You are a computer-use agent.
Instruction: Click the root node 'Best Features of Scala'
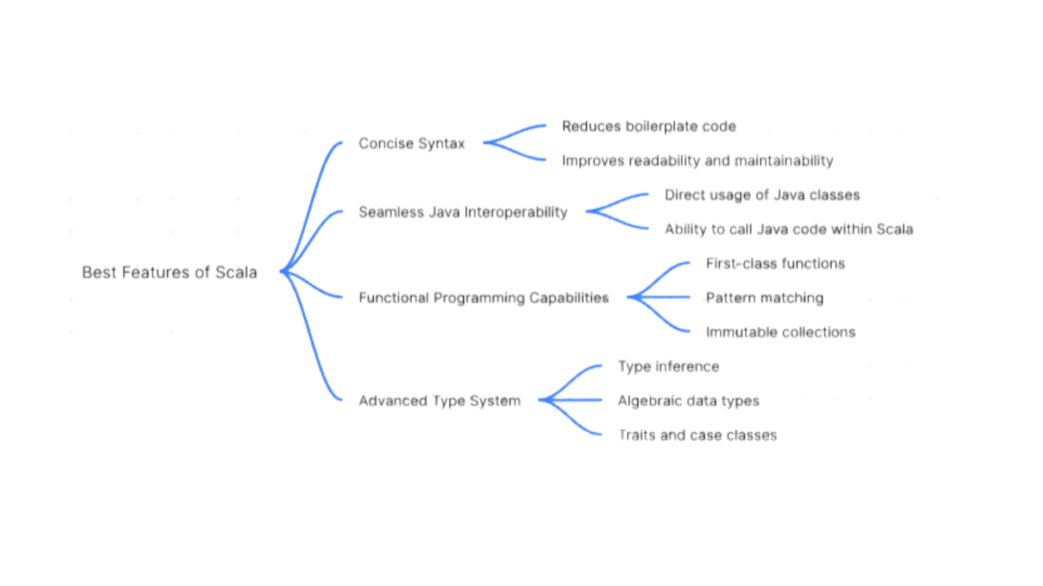169,272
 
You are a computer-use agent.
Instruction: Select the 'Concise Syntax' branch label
411,144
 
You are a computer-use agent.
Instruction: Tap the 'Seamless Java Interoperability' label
463,212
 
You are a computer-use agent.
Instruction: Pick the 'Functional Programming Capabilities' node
483,298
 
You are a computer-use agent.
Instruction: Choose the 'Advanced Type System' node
439,401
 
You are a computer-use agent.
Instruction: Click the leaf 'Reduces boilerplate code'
649,126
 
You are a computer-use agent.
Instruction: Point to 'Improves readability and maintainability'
698,161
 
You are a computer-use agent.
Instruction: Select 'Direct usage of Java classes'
762,195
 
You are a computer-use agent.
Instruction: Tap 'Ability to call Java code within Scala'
789,230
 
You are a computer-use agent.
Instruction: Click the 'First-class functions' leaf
775,264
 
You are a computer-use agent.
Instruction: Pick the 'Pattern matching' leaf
764,298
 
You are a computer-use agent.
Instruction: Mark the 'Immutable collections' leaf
781,332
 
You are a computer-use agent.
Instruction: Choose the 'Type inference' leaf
668,367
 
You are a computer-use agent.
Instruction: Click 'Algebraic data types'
688,401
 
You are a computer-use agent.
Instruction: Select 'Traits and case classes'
698,435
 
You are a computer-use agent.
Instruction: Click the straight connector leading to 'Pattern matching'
663,297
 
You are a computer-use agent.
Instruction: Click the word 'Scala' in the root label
236,272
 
